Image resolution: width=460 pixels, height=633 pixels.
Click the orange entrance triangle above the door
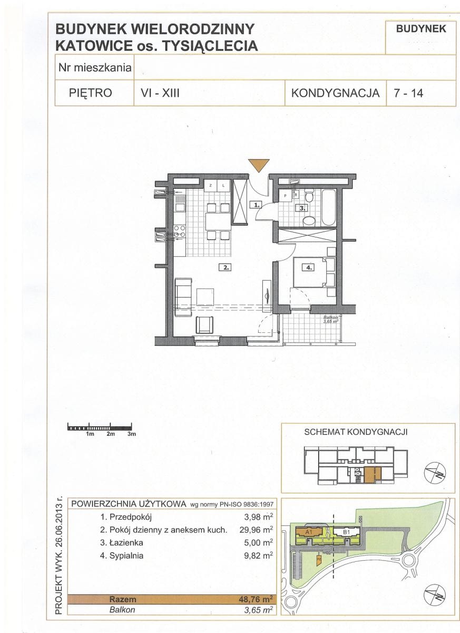tap(259, 165)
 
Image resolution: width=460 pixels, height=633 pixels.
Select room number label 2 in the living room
tap(225, 267)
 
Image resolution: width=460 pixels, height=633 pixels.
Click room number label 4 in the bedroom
tap(307, 267)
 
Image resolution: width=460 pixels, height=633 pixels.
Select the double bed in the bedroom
tap(314, 272)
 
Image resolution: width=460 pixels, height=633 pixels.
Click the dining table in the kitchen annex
tap(218, 221)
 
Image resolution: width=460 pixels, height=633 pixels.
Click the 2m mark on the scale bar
tap(110, 434)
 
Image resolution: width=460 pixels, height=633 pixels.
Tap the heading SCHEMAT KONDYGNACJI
tap(356, 432)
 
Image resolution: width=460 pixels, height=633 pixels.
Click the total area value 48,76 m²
tap(256, 599)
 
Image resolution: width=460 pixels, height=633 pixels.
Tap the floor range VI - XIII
tap(156, 93)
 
